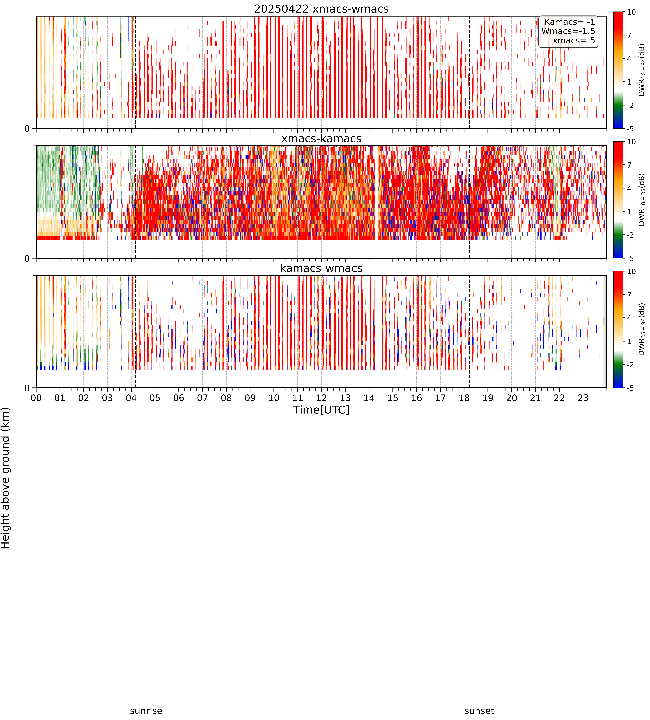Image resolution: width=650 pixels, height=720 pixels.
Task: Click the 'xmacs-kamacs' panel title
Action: click(321, 139)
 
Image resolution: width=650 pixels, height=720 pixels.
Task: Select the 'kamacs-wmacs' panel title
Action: click(321, 268)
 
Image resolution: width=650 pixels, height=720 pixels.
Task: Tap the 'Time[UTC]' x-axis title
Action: click(321, 410)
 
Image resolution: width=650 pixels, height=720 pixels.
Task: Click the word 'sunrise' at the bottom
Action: click(146, 711)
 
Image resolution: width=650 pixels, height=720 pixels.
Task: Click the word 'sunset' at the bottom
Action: click(479, 711)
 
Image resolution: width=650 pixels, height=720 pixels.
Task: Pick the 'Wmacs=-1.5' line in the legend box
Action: click(568, 31)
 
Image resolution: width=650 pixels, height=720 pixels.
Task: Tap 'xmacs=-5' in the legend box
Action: click(574, 40)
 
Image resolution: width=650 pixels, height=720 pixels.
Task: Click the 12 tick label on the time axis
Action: click(321, 398)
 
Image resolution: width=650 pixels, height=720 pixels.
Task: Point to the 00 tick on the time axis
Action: click(36, 398)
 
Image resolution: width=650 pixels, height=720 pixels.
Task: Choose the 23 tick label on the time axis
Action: click(583, 398)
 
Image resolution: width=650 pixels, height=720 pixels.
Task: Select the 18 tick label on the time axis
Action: click(464, 398)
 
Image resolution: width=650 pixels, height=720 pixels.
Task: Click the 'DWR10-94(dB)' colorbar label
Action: click(641, 70)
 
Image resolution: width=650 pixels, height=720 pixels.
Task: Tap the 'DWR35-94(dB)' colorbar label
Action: click(641, 329)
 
